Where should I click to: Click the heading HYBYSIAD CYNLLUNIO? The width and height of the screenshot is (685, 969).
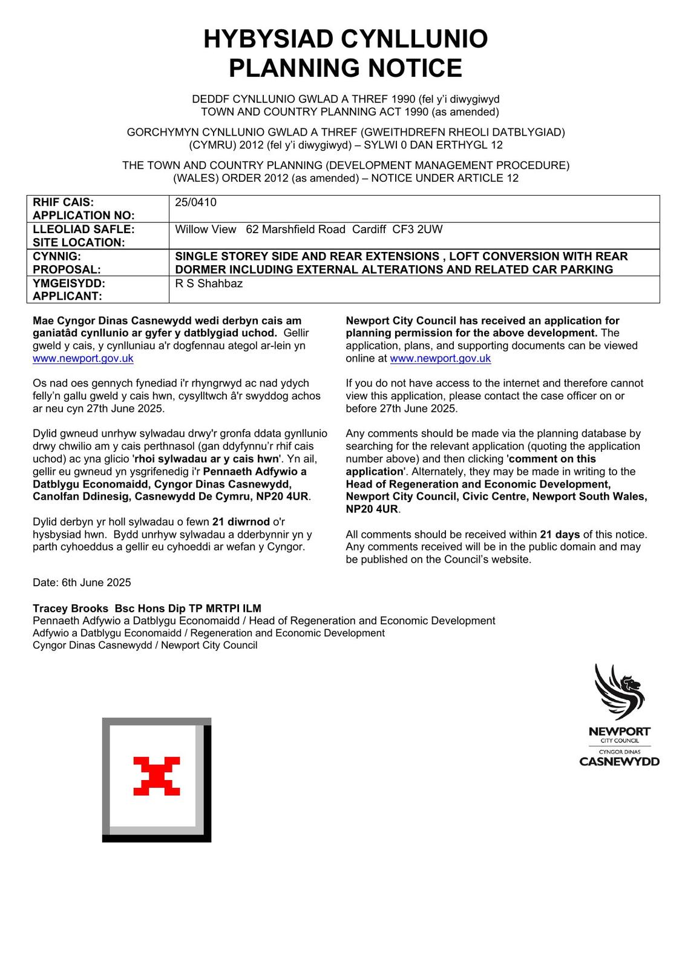pos(345,39)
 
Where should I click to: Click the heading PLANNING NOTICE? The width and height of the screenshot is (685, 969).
pos(345,68)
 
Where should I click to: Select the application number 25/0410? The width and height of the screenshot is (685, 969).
pos(195,202)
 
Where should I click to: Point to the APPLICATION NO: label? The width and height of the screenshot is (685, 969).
pos(84,216)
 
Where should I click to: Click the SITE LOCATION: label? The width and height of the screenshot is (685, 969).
pos(78,242)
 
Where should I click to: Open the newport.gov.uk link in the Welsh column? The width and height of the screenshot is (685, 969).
pos(83,359)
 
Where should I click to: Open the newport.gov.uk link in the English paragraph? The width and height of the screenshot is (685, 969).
pos(440,359)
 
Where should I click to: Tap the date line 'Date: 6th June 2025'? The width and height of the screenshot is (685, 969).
pos(82,583)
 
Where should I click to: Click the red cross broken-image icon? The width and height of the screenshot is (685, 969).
pos(157,776)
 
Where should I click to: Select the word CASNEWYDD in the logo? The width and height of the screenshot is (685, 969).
pos(619,762)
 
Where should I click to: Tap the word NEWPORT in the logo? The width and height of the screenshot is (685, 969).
pos(619,732)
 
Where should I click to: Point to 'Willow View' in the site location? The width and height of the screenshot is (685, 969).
pos(205,230)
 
